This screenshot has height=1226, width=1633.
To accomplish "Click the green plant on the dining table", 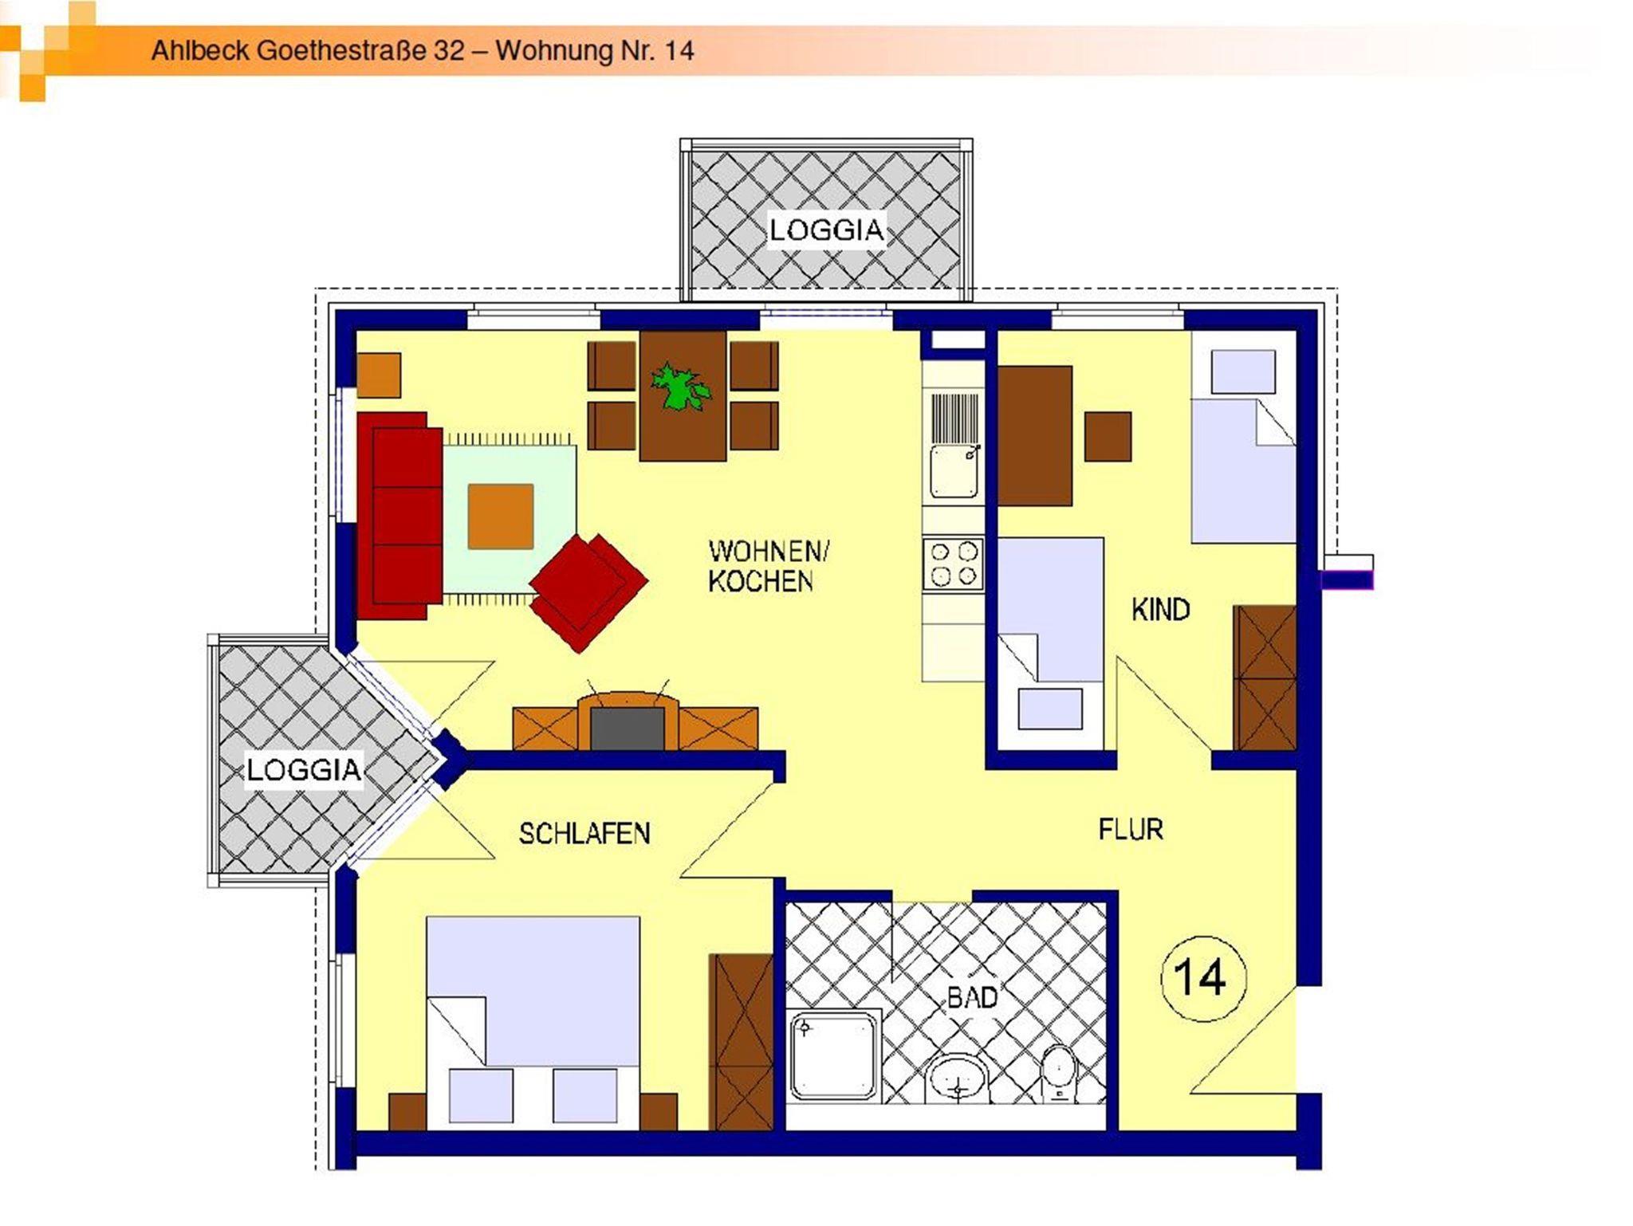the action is click(x=679, y=387).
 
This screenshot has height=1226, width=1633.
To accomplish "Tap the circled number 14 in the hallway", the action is click(x=1202, y=977).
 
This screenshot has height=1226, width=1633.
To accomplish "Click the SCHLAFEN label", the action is click(x=584, y=834).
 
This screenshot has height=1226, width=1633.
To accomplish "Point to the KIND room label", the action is click(x=1160, y=610).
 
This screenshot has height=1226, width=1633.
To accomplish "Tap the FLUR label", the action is click(x=1131, y=830).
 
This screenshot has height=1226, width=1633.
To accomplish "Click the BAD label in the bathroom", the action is click(x=972, y=997).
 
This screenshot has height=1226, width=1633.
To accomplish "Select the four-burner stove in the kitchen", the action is click(x=954, y=564).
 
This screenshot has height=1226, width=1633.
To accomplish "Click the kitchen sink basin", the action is click(x=954, y=471).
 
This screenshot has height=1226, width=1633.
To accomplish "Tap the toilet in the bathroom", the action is click(x=1059, y=1074).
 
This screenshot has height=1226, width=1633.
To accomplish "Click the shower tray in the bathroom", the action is click(x=834, y=1055).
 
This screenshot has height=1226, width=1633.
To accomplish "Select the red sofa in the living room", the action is click(x=400, y=516).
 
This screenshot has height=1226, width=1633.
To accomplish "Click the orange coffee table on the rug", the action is click(x=500, y=517).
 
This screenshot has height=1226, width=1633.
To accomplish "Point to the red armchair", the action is click(x=588, y=592).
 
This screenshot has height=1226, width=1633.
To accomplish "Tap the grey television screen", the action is click(x=627, y=729).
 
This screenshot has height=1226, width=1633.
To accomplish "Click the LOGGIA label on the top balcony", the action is click(x=826, y=230).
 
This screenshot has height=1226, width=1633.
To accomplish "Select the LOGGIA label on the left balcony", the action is click(x=304, y=770).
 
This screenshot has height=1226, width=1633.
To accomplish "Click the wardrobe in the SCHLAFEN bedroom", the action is click(x=741, y=1041).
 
